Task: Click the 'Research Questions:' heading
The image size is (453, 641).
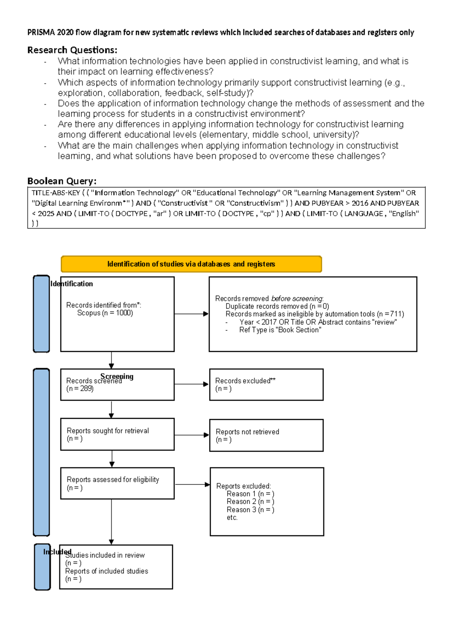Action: click(x=72, y=50)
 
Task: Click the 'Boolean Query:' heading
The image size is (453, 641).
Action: click(x=62, y=181)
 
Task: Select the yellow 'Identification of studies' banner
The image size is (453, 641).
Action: click(x=191, y=264)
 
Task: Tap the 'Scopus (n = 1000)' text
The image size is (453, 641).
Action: click(x=105, y=313)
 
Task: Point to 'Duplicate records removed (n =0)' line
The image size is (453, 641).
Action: click(x=277, y=306)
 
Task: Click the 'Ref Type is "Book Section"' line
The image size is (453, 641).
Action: click(x=280, y=330)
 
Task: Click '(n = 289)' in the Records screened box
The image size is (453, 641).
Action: click(x=80, y=389)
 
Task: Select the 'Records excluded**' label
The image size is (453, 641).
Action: click(x=245, y=381)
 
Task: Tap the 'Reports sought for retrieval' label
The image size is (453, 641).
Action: click(x=108, y=431)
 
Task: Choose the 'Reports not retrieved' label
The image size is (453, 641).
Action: click(x=247, y=432)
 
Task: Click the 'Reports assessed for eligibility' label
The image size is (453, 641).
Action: click(x=113, y=480)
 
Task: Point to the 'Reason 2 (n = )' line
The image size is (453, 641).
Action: click(x=250, y=502)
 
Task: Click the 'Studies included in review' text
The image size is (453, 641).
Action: click(x=105, y=555)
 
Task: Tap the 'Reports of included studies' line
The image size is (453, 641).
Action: click(x=106, y=571)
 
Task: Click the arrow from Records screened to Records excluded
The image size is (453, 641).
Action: click(x=191, y=384)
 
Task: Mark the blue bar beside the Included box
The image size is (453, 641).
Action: click(x=42, y=567)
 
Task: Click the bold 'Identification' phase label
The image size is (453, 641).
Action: click(x=72, y=284)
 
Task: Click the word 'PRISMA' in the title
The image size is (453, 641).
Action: click(x=41, y=33)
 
